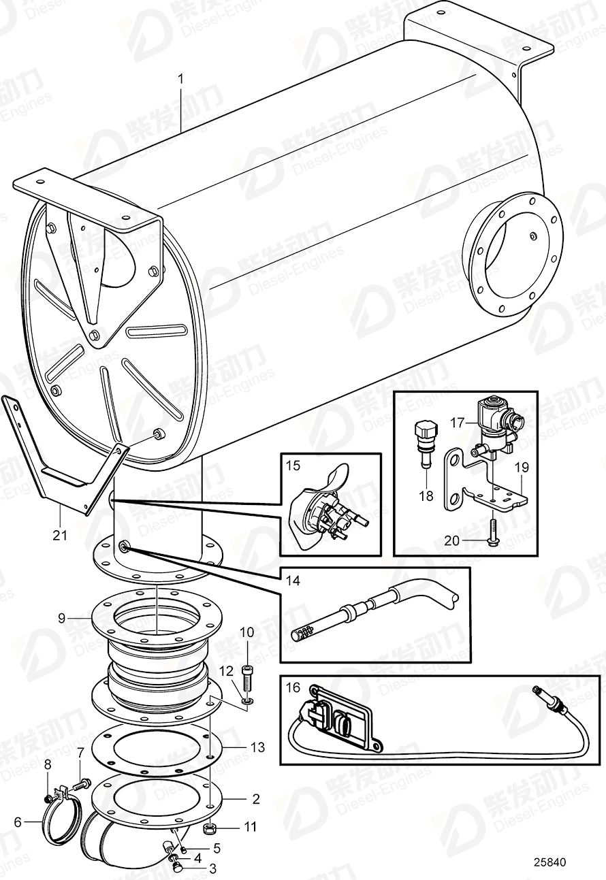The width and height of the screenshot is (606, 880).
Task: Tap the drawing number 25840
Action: coord(550,862)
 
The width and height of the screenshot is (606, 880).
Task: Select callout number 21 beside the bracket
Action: coord(61,536)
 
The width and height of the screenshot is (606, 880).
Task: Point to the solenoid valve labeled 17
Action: coord(494,419)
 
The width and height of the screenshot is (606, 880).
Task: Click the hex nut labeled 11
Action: coord(211,828)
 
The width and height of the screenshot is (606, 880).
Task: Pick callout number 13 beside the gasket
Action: coord(257,747)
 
